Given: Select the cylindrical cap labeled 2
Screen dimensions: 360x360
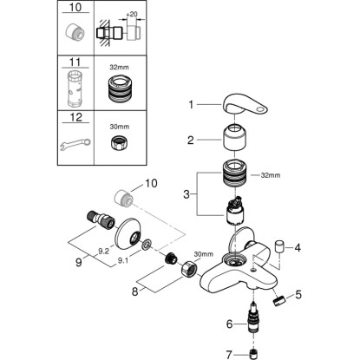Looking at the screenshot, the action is [x=235, y=137].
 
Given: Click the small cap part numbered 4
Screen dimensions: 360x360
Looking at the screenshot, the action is [x=278, y=246].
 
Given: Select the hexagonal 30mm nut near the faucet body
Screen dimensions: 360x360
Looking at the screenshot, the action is [x=189, y=268].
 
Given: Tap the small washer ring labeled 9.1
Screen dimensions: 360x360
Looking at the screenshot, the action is [x=146, y=244].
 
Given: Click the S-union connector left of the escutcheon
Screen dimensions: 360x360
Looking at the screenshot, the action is [x=101, y=220].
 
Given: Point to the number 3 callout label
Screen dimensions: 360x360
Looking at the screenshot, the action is [x=187, y=194].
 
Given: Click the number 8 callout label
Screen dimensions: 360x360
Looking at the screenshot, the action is [x=134, y=291].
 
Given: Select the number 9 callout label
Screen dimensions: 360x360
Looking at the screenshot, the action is [x=79, y=263].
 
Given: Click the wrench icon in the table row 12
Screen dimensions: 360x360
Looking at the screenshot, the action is [x=75, y=144].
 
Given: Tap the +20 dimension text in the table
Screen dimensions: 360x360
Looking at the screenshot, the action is [x=131, y=15].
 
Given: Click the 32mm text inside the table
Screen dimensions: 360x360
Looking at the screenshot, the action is [x=119, y=68].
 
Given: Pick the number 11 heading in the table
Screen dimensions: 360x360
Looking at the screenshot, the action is [x=75, y=62].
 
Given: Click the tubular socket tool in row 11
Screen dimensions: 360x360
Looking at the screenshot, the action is [x=75, y=89].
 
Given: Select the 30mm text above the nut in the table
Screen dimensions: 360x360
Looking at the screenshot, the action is [x=120, y=127].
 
